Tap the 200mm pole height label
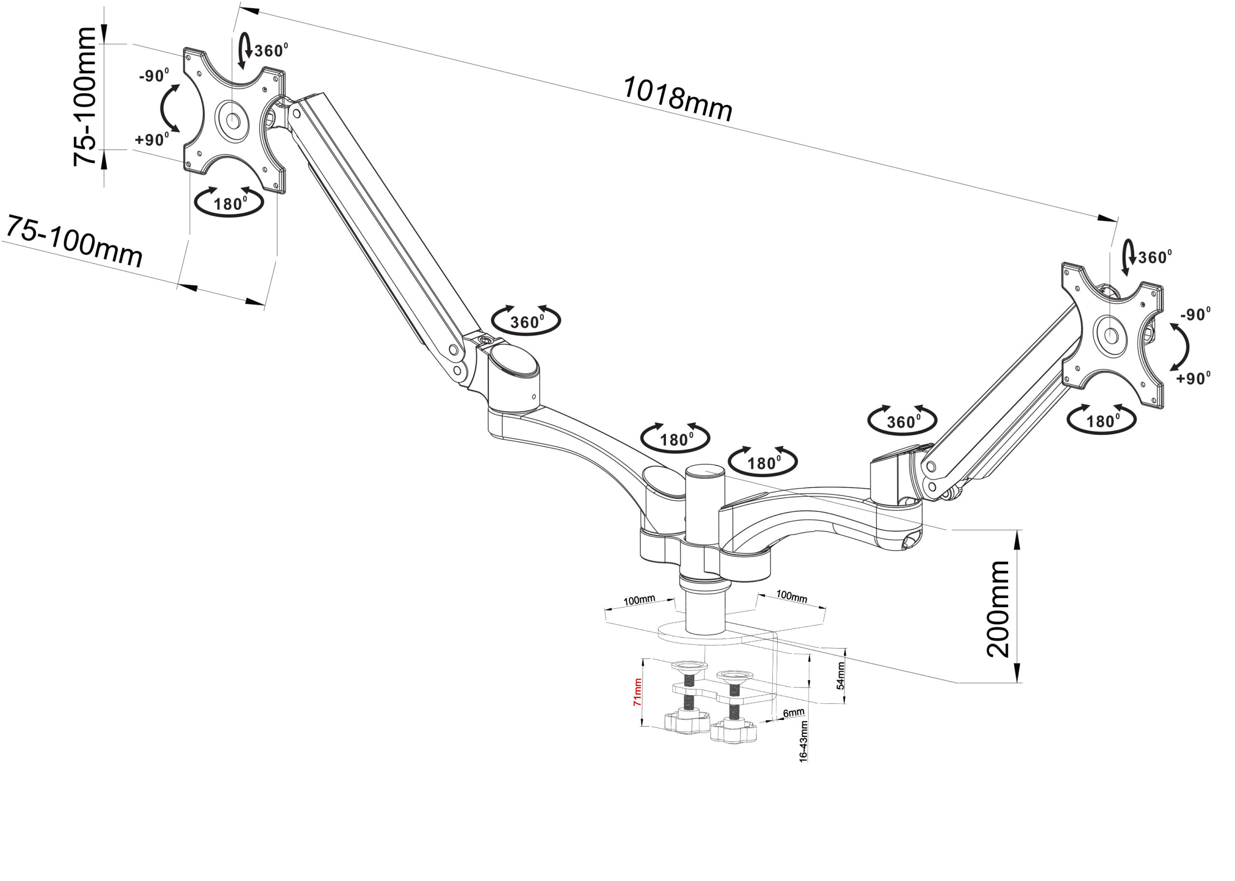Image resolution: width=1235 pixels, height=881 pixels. coord(998,609)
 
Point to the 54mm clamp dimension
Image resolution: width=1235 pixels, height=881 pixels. coord(840,675)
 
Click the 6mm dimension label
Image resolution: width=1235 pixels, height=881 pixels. coord(794,712)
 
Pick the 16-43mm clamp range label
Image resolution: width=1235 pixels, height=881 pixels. coord(803,742)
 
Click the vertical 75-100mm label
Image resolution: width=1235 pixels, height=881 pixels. coord(85,96)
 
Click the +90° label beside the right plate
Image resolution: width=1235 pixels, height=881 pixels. coord(1193,378)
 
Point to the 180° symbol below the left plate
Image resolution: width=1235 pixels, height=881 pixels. coord(230,203)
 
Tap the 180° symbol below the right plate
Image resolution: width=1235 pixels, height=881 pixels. coord(1101,420)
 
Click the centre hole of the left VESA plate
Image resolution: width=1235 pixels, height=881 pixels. coord(233,120)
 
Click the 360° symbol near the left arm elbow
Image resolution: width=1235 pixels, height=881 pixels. coord(525,321)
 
